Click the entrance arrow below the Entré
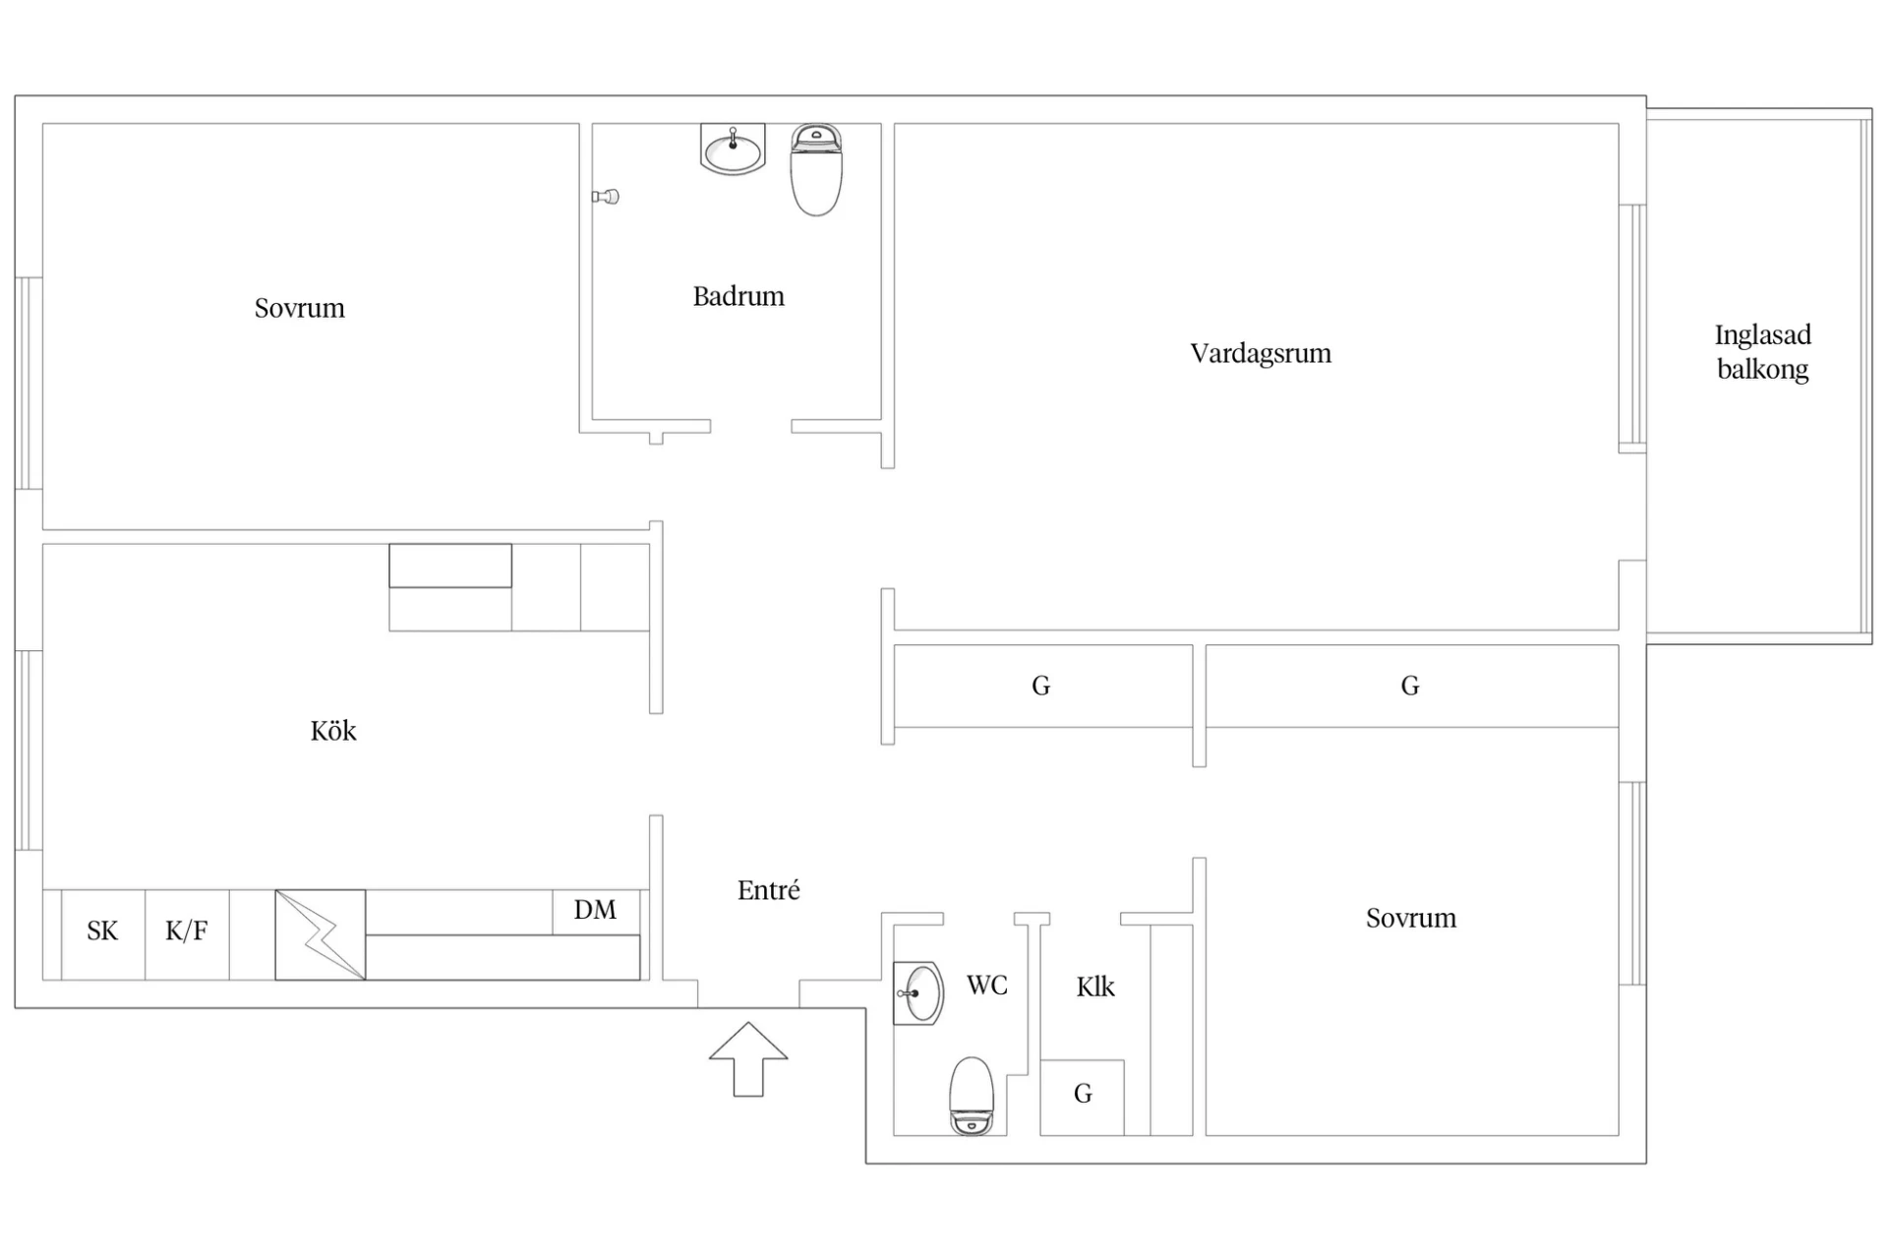click(x=748, y=1058)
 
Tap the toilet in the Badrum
click(x=816, y=169)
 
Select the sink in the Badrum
click(x=733, y=149)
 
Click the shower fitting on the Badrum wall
click(x=606, y=197)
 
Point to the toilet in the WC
click(x=972, y=1096)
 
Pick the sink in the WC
click(x=918, y=993)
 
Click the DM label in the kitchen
click(x=595, y=910)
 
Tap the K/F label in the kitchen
click(x=186, y=930)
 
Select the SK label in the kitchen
click(x=102, y=930)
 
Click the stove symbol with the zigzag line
click(x=321, y=934)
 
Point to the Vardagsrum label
click(x=1261, y=353)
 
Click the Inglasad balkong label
click(x=1762, y=352)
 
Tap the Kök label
click(x=333, y=731)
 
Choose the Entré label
click(x=768, y=890)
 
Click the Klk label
click(x=1095, y=987)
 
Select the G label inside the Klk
click(x=1083, y=1094)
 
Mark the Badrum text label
click(x=738, y=296)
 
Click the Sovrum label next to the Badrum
click(x=300, y=308)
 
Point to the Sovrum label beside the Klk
click(x=1411, y=918)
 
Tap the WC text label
click(x=987, y=985)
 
